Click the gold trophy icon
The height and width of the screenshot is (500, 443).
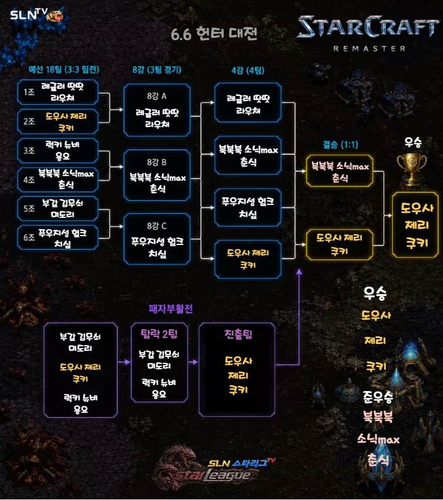(412, 170)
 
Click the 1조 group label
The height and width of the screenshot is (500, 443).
(29, 92)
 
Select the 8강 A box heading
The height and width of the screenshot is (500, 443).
(156, 96)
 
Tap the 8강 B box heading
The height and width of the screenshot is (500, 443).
(156, 163)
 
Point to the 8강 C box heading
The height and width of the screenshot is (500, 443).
(156, 226)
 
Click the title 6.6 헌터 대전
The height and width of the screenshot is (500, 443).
(214, 34)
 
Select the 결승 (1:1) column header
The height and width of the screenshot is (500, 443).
(341, 145)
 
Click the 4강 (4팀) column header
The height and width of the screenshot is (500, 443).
(248, 70)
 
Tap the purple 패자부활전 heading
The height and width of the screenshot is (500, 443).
(171, 309)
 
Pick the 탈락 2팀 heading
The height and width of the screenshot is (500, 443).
(159, 334)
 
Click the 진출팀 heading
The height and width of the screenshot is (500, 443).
(238, 334)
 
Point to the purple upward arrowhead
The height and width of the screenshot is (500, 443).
(299, 271)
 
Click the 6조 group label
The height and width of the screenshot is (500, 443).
(29, 237)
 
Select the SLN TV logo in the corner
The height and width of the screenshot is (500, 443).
(36, 14)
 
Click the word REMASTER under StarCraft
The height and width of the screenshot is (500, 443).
(369, 49)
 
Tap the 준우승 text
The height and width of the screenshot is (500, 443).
(378, 397)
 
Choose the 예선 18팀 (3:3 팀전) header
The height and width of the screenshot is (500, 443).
(64, 69)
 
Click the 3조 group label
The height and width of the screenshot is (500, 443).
(29, 151)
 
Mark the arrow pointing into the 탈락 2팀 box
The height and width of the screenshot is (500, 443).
(124, 362)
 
